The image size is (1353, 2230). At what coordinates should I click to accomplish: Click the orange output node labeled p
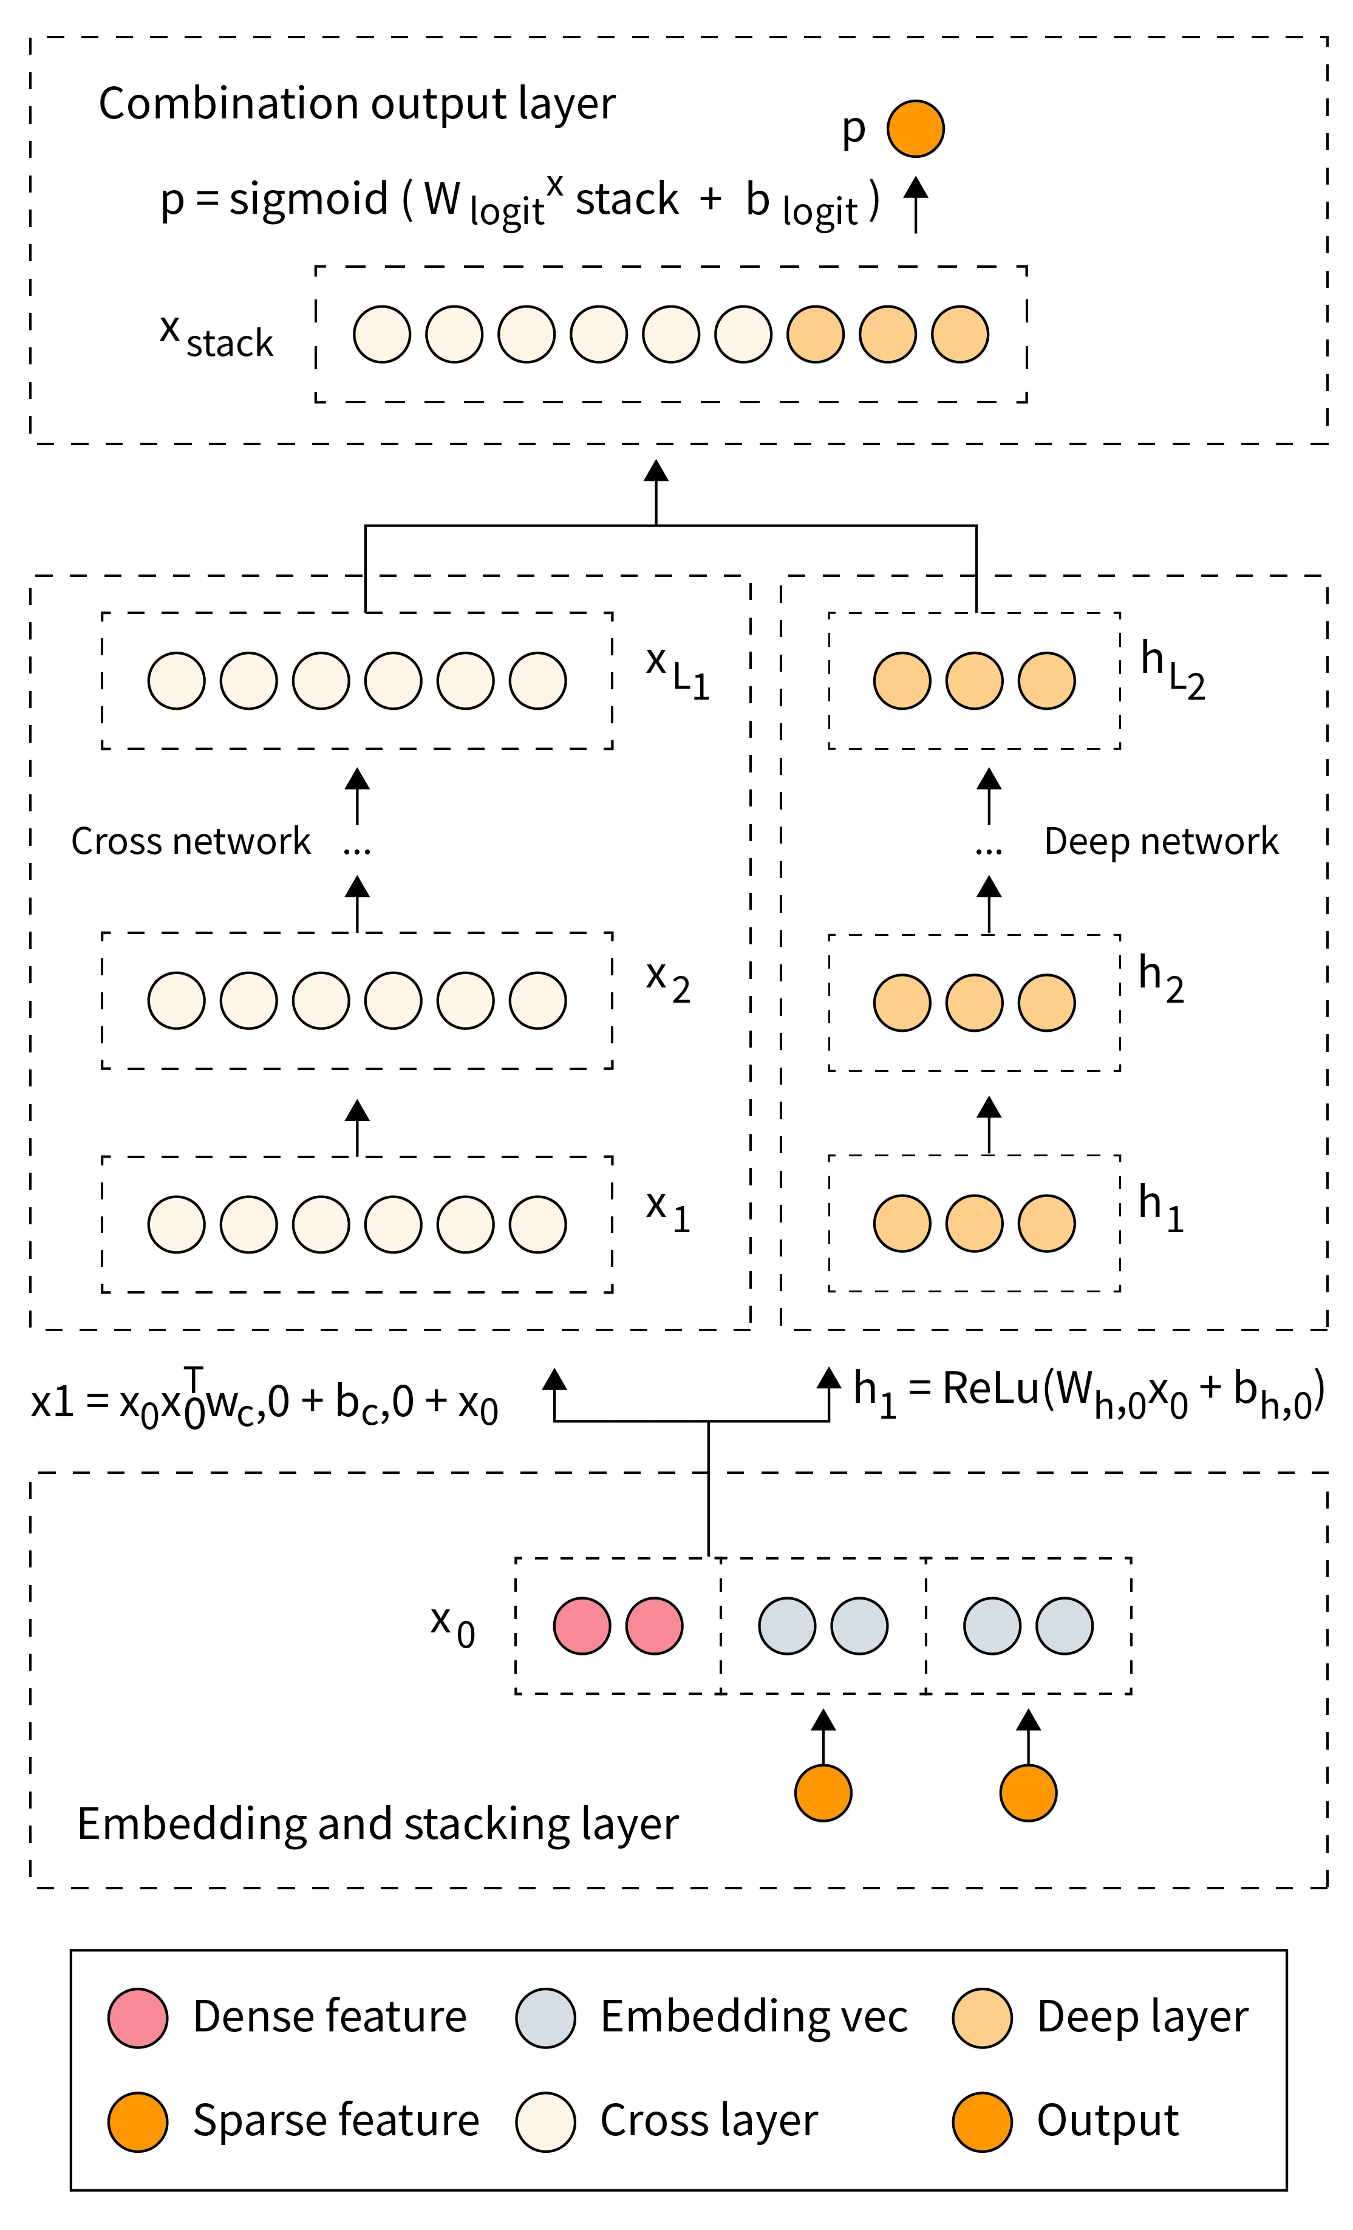915,129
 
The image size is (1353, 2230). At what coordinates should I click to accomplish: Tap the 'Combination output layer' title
356,104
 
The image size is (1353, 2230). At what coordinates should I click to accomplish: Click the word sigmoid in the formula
308,198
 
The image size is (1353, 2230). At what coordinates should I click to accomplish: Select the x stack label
216,336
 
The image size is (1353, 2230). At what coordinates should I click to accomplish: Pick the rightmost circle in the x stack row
959,334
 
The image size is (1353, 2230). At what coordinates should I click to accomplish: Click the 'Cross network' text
190,841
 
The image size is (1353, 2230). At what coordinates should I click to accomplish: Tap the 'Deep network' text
1160,841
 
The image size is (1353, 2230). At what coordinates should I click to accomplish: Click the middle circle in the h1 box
974,1222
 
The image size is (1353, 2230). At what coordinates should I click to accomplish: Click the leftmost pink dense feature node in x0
581,1626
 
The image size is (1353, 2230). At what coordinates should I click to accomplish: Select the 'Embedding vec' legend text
753,2016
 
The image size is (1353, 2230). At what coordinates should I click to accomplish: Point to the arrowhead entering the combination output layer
655,471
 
